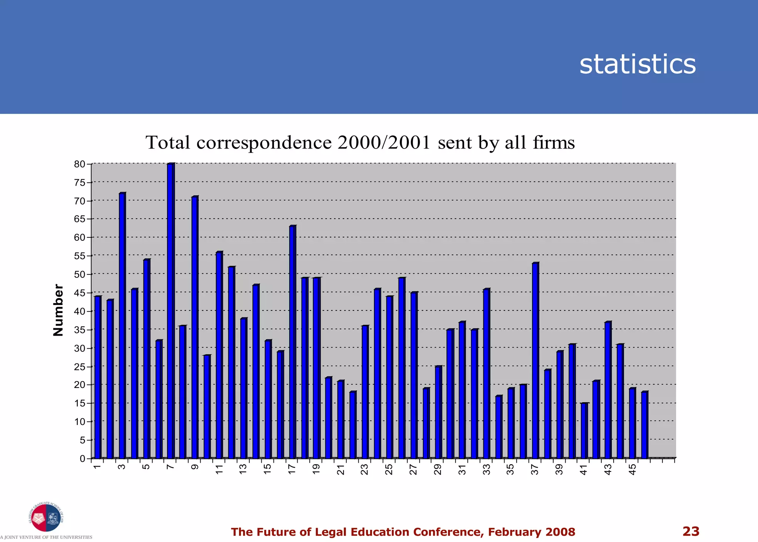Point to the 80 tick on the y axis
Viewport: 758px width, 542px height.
80,164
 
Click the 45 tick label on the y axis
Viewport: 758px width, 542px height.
80,293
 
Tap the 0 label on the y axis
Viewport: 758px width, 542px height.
83,459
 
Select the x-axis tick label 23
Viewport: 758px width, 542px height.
365,470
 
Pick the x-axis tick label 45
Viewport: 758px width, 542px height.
633,470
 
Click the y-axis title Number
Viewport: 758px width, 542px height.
58,310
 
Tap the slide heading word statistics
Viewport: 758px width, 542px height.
637,64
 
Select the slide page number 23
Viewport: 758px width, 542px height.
691,531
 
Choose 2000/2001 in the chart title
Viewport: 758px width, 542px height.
384,143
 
